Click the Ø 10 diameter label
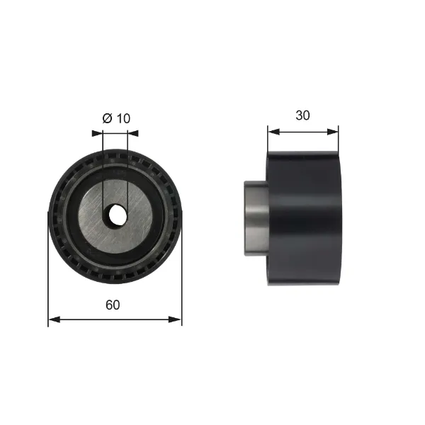coord(117,118)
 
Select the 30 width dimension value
coord(303,115)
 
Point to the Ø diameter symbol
coord(107,118)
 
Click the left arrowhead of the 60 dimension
coord(52,319)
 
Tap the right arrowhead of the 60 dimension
coord(178,319)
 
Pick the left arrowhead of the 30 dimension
coord(271,131)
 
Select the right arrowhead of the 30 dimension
coord(334,131)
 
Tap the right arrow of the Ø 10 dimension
coord(133,132)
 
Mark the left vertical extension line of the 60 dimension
coord(48,283)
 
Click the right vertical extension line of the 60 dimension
coord(182,283)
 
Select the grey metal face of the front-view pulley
coord(142,212)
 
